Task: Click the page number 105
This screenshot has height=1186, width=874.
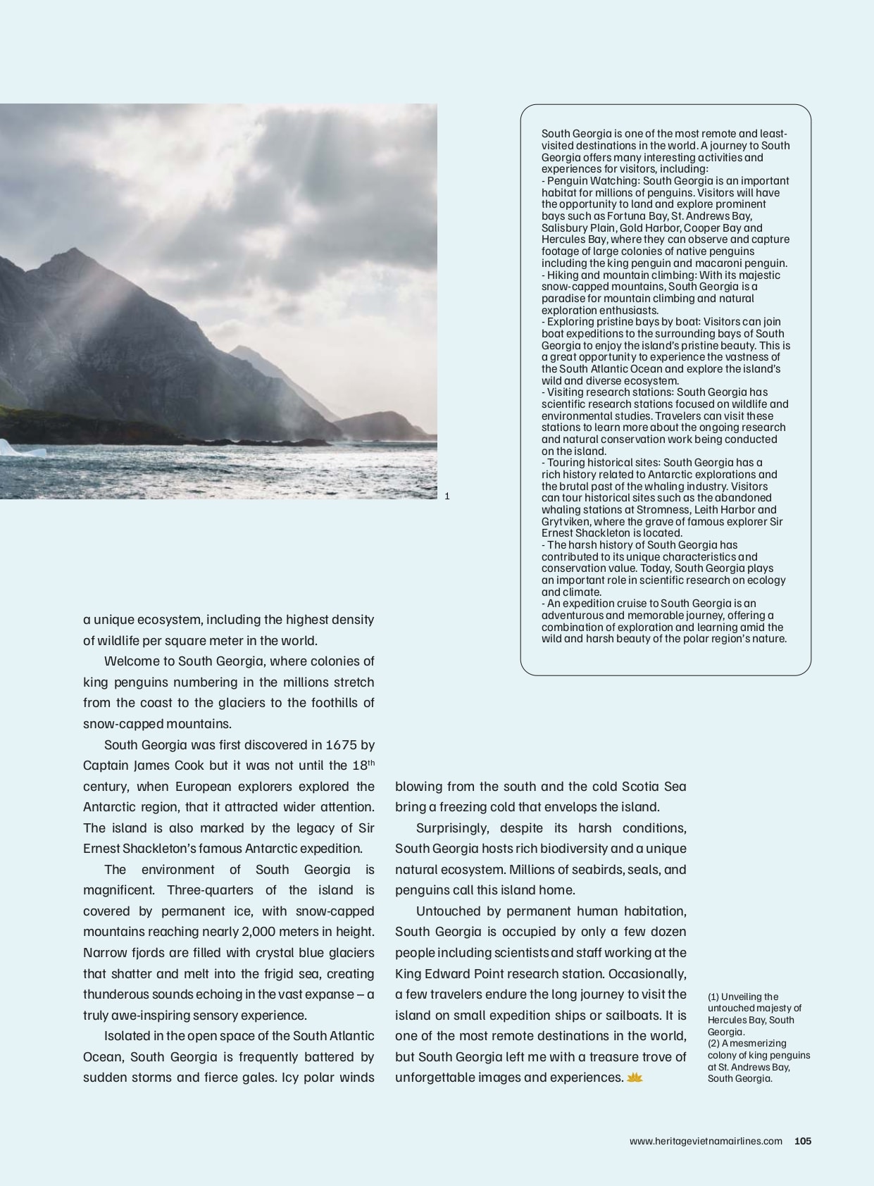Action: pyautogui.click(x=803, y=1141)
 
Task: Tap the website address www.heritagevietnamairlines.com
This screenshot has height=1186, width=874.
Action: pyautogui.click(x=706, y=1141)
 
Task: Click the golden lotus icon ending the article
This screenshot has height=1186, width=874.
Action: pyautogui.click(x=635, y=1078)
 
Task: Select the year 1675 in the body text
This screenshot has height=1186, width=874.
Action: pyautogui.click(x=341, y=744)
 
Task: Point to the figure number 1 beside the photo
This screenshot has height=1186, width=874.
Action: pyautogui.click(x=447, y=496)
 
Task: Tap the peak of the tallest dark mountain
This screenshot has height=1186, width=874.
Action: pyautogui.click(x=73, y=249)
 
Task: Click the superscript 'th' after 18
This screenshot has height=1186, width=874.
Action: pyautogui.click(x=371, y=763)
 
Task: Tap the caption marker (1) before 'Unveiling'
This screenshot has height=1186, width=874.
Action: pyautogui.click(x=713, y=997)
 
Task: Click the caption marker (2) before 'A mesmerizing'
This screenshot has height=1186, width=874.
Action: pyautogui.click(x=713, y=1043)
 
